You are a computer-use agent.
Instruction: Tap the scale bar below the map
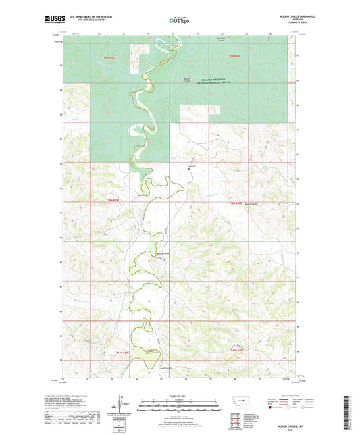pos(180,407)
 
